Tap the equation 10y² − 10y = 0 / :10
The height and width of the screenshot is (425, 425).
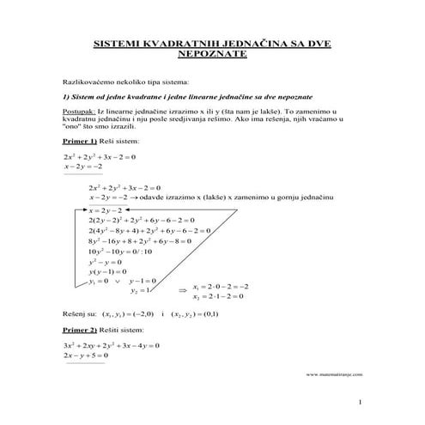point(124,252)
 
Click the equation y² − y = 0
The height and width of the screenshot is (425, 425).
point(106,262)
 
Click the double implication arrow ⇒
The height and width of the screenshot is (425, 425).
point(181,291)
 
